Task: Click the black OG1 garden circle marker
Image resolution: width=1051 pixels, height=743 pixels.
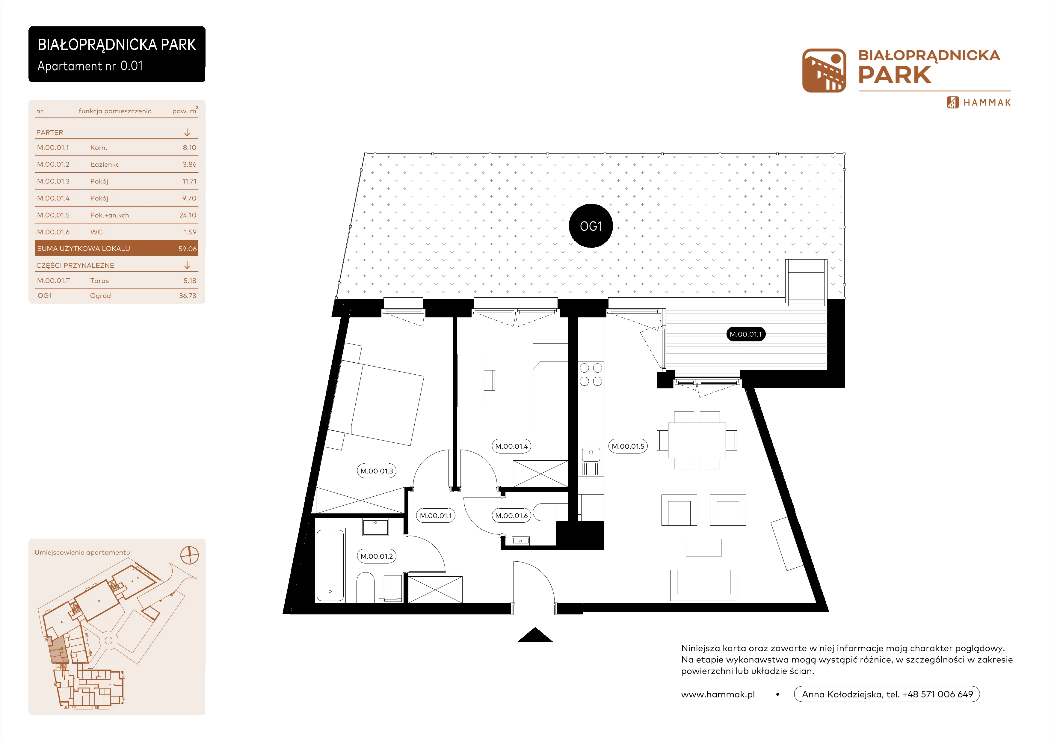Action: coord(591,226)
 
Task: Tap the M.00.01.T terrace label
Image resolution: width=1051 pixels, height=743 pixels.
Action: coord(746,334)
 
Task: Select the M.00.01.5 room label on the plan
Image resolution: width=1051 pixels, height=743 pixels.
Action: coord(628,446)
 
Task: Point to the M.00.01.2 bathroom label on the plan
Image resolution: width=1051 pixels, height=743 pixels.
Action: coord(376,556)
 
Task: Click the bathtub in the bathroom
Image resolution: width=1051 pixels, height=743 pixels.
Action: coord(330,565)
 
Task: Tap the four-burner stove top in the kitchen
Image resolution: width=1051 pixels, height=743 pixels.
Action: coord(591,374)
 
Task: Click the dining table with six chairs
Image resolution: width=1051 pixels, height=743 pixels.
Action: coord(697,440)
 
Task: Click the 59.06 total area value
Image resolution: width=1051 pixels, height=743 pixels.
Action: coord(187,248)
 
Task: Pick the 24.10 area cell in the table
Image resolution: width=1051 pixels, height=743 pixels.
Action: coord(188,215)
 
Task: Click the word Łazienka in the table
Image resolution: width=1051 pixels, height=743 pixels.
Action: coord(105,164)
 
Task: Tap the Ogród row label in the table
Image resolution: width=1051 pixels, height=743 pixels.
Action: coord(100,296)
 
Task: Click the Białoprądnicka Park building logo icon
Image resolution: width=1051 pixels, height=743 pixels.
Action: coord(824,70)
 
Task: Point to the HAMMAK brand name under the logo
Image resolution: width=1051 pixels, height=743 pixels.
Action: coord(987,103)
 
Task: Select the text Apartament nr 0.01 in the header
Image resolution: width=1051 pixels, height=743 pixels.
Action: coord(90,66)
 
